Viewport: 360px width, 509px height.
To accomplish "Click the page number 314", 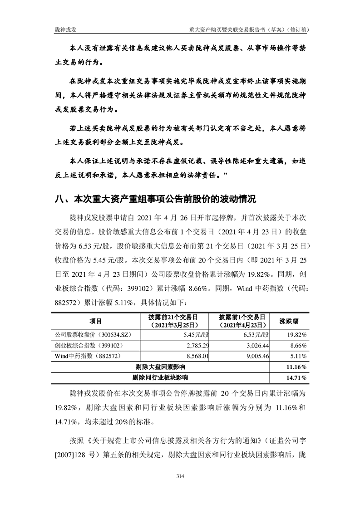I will [180, 476].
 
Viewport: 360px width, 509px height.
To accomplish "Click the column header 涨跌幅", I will [289, 321].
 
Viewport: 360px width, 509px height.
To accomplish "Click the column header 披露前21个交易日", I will [173, 317].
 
